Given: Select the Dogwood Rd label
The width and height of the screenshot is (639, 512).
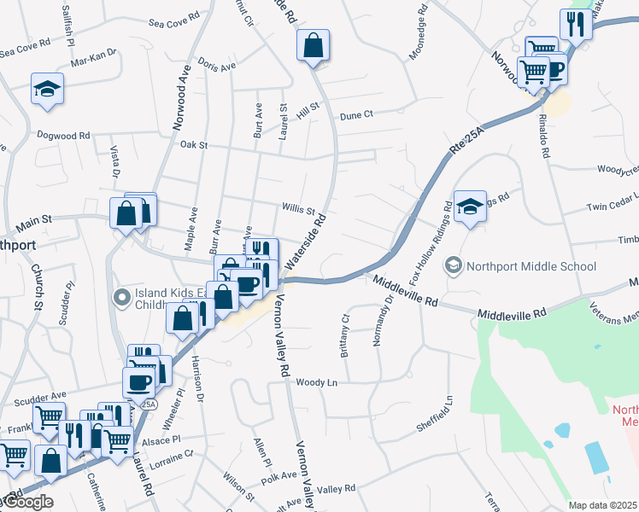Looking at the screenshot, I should tap(63, 135).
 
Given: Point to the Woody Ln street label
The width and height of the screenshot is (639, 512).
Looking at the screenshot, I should tap(317, 383).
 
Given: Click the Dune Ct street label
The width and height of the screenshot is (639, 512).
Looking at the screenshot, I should tap(356, 114).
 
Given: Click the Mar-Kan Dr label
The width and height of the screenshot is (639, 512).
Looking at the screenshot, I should tap(93, 61).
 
